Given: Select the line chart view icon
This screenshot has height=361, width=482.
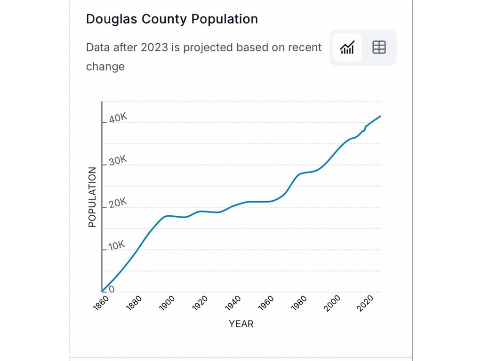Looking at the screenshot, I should [x=347, y=47].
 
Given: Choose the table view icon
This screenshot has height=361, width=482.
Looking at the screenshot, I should [x=379, y=47].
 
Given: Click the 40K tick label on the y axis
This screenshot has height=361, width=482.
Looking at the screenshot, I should [x=118, y=118].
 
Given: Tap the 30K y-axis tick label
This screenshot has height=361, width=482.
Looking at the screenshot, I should [x=118, y=161].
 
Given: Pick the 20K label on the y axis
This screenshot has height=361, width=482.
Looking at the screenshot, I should [x=118, y=203].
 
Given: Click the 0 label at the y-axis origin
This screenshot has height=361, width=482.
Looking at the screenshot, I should [x=112, y=289].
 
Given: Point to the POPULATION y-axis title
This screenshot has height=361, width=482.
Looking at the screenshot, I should [x=92, y=197].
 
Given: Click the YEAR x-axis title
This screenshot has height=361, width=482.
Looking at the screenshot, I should [x=241, y=324].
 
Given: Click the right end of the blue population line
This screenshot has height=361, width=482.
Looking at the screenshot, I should [x=380, y=116].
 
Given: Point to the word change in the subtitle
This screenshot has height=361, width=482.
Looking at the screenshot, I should [x=105, y=66].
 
